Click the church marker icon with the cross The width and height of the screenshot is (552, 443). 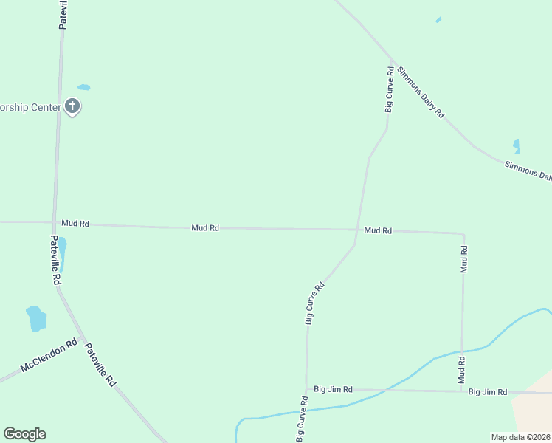72,106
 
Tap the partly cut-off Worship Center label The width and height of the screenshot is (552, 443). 30,107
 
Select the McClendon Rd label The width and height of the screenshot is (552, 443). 49,356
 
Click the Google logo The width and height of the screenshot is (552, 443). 24,434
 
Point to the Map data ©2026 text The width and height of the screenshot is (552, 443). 520,437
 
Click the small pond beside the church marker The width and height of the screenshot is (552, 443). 84,87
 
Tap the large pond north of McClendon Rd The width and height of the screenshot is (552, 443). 35,318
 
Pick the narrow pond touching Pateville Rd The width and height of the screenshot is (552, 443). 62,253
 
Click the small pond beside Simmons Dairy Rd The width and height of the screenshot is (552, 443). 516,146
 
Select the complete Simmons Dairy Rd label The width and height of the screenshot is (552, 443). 421,92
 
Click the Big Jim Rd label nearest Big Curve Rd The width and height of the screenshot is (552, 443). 333,389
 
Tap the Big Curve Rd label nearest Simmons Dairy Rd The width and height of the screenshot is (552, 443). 389,89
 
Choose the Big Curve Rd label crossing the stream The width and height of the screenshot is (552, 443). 303,419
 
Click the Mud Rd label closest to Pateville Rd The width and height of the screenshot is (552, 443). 75,223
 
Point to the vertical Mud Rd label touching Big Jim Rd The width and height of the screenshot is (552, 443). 461,370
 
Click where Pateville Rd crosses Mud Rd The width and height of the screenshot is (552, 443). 55,222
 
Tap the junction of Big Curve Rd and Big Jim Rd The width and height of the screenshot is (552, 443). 306,389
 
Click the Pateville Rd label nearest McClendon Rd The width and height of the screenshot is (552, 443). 100,365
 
